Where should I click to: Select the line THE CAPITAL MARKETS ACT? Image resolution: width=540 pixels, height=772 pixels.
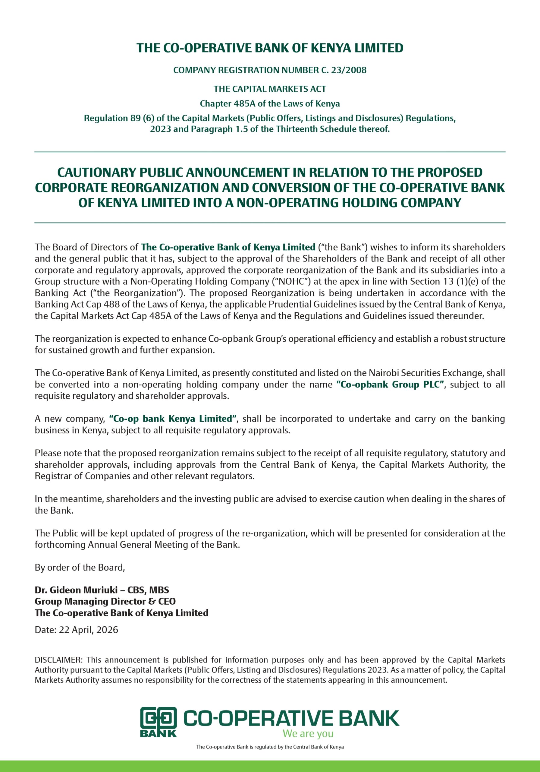270,89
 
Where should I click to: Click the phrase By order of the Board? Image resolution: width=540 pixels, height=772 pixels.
80,568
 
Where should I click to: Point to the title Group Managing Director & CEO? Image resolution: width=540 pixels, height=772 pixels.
105,602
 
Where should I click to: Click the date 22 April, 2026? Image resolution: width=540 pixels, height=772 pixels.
88,630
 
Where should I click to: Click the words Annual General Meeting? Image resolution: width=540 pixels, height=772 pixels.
138,545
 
